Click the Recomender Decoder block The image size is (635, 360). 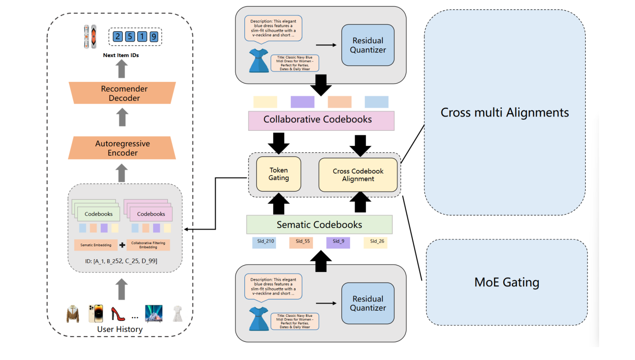tap(122, 93)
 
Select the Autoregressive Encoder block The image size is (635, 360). tap(122, 148)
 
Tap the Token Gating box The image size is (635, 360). tap(278, 174)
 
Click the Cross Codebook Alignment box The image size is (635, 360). tap(358, 175)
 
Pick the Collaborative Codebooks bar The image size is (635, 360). tap(317, 120)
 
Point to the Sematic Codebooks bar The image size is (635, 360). tap(319, 225)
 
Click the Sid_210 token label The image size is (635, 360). tap(264, 242)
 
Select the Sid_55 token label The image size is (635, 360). tap(301, 242)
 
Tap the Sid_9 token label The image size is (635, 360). tap(338, 242)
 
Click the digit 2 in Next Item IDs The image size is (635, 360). tap(118, 36)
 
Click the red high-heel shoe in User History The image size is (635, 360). tap(118, 314)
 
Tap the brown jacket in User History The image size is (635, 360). tap(73, 314)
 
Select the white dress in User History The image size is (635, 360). tap(177, 314)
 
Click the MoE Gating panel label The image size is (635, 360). tap(507, 282)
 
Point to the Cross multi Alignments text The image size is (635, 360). tap(505, 112)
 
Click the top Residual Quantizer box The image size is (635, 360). tap(368, 45)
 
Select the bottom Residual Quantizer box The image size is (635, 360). tap(368, 303)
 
